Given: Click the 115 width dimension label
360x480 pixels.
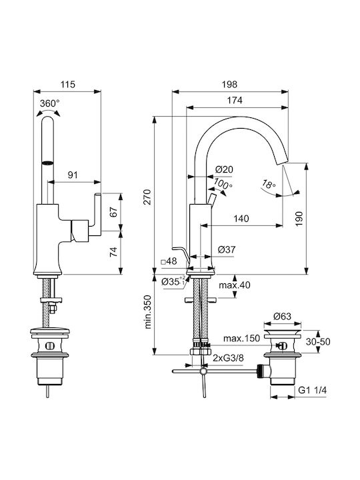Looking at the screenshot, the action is (67, 84).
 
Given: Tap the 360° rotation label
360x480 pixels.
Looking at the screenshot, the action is (49, 103).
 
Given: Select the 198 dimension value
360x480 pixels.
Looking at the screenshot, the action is (229, 84).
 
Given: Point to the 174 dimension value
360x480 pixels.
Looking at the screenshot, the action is (235, 100).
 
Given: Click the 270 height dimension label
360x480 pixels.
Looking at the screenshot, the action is (147, 197).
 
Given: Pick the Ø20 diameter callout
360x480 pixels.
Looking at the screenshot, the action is (224, 169).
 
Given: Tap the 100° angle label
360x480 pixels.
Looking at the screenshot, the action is (223, 184).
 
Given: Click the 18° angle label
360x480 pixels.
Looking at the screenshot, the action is (269, 184).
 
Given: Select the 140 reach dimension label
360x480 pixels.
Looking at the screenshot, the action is (241, 219).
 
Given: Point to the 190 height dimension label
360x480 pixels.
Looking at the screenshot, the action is (299, 219).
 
